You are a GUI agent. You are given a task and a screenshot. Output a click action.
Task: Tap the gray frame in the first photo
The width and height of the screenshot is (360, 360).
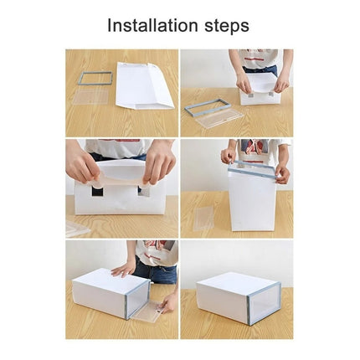95,78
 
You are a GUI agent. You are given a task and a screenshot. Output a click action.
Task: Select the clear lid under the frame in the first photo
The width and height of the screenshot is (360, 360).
90,95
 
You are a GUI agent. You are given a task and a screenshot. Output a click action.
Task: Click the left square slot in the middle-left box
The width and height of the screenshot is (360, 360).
98,191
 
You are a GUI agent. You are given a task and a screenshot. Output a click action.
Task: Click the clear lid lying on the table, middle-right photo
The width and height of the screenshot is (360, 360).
203,219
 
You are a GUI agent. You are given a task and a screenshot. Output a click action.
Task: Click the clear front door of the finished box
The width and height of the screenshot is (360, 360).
265,302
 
